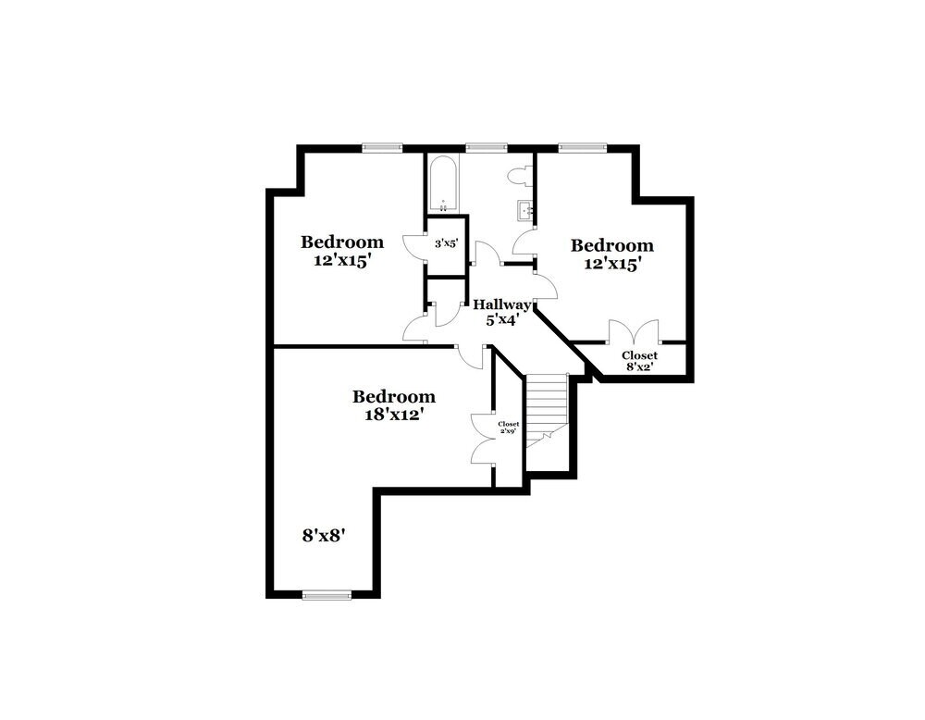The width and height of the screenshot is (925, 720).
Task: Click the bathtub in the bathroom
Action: [x=443, y=183]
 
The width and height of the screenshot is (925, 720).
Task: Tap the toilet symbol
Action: [x=519, y=175]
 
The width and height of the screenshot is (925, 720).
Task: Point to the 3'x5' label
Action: [x=446, y=244]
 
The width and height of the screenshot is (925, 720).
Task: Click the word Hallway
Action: [x=502, y=304]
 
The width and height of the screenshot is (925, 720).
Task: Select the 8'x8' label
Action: [x=324, y=535]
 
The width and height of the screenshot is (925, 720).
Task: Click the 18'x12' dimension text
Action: [x=394, y=415]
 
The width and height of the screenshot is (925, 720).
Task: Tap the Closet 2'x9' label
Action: [x=509, y=427]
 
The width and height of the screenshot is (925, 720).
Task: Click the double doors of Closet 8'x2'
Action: [x=634, y=331]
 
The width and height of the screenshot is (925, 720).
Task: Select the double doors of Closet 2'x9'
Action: [x=484, y=438]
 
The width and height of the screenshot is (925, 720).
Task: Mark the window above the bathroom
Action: [x=487, y=146]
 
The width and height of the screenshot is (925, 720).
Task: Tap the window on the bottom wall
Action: [x=327, y=595]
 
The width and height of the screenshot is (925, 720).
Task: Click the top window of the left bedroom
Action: [x=382, y=146]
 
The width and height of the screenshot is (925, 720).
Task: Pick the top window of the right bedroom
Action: [x=582, y=146]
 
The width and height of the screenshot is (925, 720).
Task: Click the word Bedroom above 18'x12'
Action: [x=394, y=397]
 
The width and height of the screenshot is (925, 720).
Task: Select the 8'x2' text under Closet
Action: [x=640, y=366]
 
